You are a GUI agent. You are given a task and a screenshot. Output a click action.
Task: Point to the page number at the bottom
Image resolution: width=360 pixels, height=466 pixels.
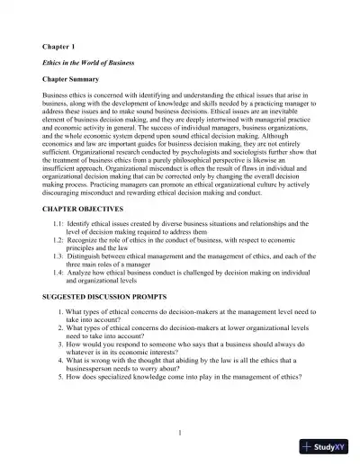click(x=180, y=433)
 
